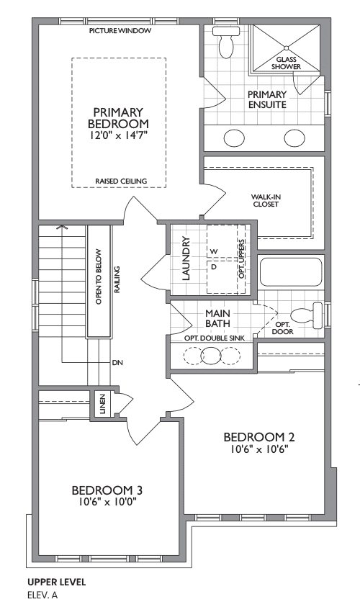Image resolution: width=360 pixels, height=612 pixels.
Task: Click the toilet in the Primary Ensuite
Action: pyautogui.click(x=226, y=42)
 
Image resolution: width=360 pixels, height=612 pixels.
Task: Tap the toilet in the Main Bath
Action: pyautogui.click(x=307, y=317)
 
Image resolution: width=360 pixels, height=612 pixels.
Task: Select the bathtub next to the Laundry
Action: pyautogui.click(x=290, y=271)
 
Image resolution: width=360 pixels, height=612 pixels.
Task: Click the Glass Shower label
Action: pyautogui.click(x=287, y=63)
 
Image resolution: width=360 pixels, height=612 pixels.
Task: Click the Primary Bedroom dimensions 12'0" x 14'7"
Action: pyautogui.click(x=119, y=135)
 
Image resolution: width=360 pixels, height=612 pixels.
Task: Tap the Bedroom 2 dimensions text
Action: pyautogui.click(x=259, y=449)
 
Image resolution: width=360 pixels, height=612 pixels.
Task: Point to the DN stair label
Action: pyautogui.click(x=117, y=363)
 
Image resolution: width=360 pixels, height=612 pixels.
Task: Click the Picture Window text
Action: pyautogui.click(x=120, y=31)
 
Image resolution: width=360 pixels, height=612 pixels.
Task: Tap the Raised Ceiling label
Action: pyautogui.click(x=121, y=181)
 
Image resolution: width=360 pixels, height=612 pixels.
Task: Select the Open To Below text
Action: pyautogui.click(x=99, y=276)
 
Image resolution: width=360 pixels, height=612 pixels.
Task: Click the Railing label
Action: pyautogui.click(x=117, y=279)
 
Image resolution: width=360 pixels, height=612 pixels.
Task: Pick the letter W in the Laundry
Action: pyautogui.click(x=214, y=252)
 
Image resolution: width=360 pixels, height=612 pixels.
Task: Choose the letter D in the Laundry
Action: pyautogui.click(x=214, y=267)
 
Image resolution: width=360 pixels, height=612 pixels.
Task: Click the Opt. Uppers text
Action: pyautogui.click(x=242, y=258)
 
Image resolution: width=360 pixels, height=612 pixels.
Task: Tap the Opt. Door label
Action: pyautogui.click(x=283, y=328)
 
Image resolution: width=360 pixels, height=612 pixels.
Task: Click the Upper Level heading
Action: pyautogui.click(x=56, y=582)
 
